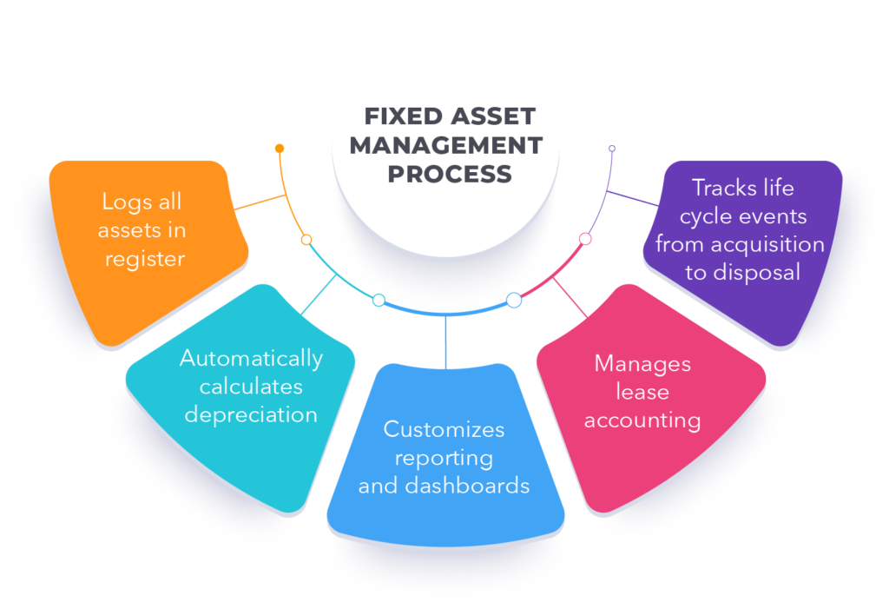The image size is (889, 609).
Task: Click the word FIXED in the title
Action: (396, 116)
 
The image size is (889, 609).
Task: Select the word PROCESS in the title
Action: (449, 173)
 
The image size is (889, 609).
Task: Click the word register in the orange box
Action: (144, 258)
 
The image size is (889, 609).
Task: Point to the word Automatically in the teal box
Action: (251, 358)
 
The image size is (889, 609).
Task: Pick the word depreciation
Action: (251, 414)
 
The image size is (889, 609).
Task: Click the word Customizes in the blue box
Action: (444, 428)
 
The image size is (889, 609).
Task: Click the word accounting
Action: (642, 420)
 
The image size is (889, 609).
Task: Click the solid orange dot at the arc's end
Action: (280, 149)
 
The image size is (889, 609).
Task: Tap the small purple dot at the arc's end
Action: (612, 149)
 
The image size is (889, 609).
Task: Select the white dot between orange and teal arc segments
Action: (306, 239)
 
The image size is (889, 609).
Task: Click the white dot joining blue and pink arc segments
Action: (514, 300)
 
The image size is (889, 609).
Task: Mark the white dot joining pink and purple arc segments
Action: (585, 238)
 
